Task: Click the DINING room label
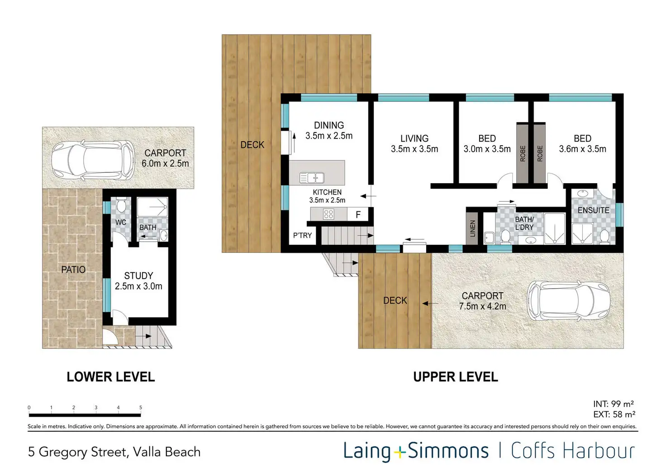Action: (x=329, y=125)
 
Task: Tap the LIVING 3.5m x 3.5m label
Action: (x=414, y=143)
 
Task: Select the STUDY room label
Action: (x=138, y=276)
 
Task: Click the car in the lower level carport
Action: (x=93, y=160)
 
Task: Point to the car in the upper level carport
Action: (x=568, y=300)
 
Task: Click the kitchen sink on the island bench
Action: (x=312, y=178)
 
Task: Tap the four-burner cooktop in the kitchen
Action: (x=328, y=214)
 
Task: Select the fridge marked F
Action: (x=358, y=214)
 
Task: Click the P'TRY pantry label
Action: (x=302, y=235)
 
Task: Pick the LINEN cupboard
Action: (x=472, y=228)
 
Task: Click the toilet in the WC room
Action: (x=121, y=205)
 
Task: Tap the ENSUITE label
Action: (x=594, y=210)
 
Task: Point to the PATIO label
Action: (x=73, y=270)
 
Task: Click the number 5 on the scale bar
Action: (x=141, y=407)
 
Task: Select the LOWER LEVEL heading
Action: (x=110, y=377)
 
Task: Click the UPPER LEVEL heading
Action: (x=456, y=377)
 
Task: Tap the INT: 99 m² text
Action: (x=614, y=404)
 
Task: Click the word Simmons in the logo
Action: (x=448, y=451)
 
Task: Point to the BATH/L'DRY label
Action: (x=524, y=224)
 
